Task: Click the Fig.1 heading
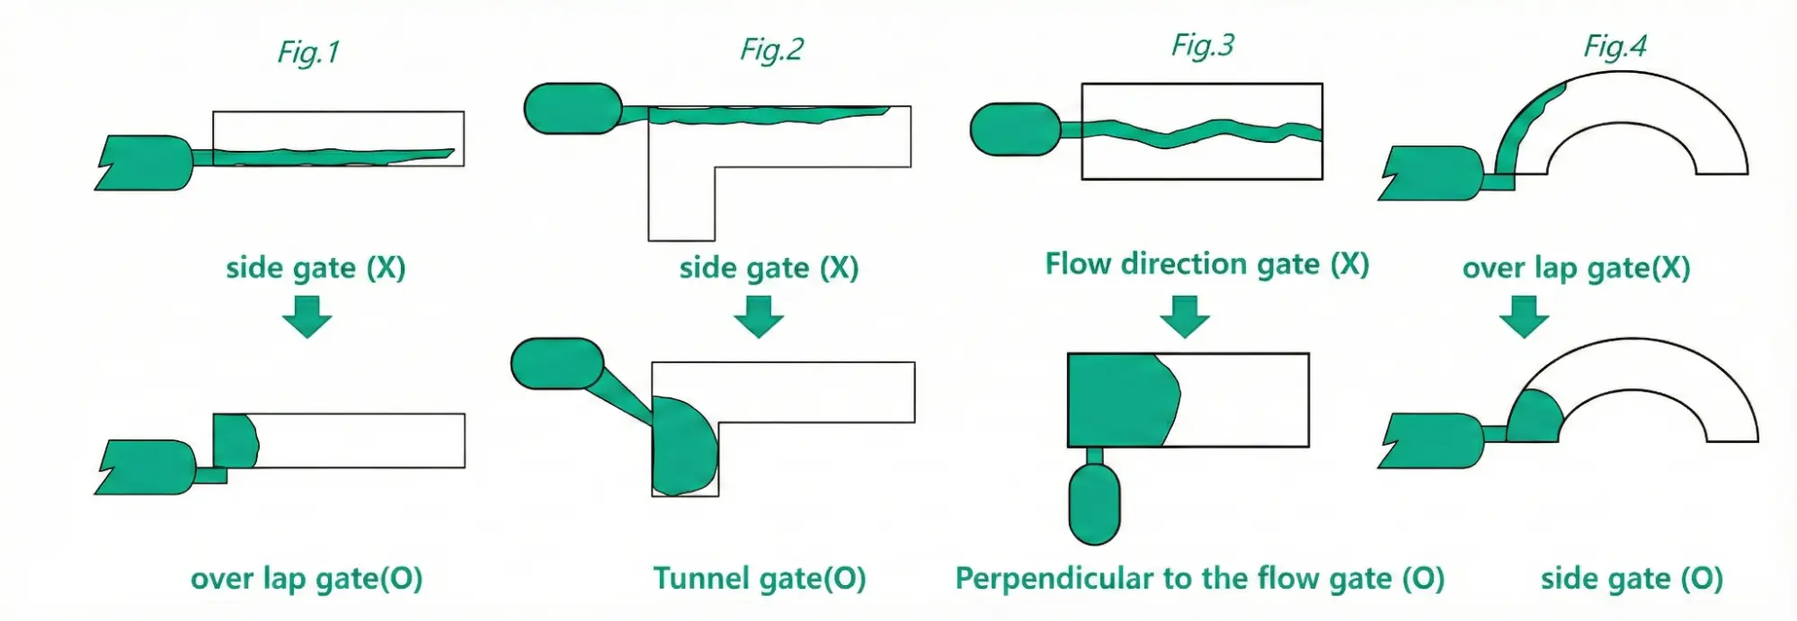[308, 52]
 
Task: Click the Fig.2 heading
[771, 49]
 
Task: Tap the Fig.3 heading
[1202, 45]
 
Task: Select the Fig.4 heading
[1615, 46]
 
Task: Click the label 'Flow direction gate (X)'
[1206, 264]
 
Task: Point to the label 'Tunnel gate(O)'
[759, 578]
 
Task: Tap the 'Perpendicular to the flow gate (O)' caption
[1199, 578]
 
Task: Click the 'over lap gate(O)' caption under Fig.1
[307, 579]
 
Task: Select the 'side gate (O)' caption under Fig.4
[1632, 579]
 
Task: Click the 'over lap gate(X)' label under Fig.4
[1576, 268]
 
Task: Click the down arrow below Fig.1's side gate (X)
[307, 316]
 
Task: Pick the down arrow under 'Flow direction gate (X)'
[1184, 316]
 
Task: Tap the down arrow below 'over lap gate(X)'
[1524, 316]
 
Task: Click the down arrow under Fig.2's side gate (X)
[759, 316]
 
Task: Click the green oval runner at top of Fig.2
[573, 109]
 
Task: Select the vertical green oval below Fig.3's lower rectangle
[1094, 503]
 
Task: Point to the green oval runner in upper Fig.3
[1016, 129]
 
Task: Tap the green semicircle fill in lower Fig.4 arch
[1535, 419]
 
